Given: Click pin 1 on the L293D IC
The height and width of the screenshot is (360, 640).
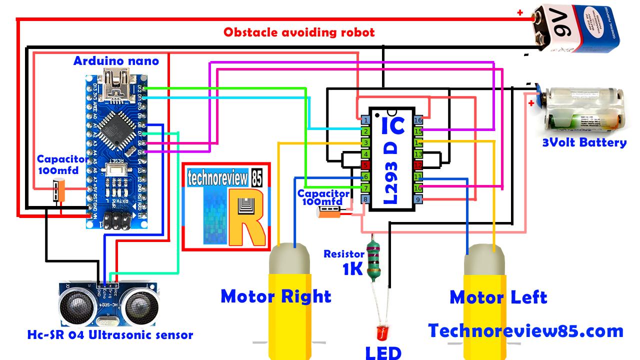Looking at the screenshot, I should [x=365, y=120].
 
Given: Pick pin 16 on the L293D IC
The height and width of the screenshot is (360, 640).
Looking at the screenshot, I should [x=418, y=120].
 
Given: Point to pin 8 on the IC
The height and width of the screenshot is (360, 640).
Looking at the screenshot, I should [x=365, y=199].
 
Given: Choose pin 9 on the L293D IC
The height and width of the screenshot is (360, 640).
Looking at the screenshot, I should [x=418, y=199].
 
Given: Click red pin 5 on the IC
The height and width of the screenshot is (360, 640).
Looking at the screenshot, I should [x=365, y=165].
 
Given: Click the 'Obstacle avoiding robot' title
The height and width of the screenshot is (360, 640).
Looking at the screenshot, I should [x=299, y=33].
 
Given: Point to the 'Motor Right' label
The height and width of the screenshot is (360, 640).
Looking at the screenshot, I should [x=276, y=296].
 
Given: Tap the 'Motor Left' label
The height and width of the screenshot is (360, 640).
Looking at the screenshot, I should [x=498, y=297].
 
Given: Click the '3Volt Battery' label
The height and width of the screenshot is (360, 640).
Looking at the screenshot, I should [x=584, y=143].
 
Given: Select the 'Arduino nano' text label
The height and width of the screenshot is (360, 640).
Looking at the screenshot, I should [x=116, y=61].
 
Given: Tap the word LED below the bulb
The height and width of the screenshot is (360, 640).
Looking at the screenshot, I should [x=383, y=352].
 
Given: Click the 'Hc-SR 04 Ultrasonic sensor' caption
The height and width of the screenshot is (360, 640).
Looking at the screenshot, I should [x=110, y=335].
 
